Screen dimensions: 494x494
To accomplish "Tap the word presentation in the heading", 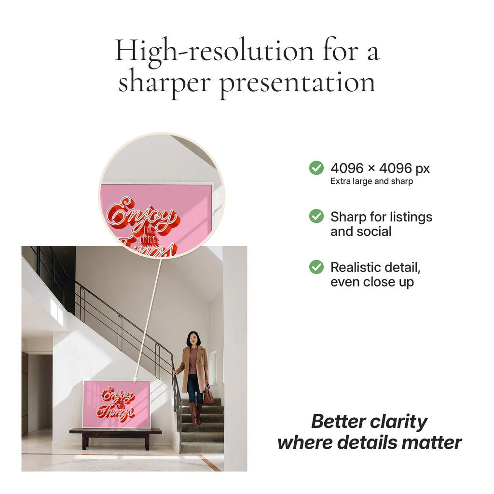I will (297, 83).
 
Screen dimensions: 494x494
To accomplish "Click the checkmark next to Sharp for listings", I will (316, 217).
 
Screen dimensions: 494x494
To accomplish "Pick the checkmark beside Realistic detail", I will (316, 267).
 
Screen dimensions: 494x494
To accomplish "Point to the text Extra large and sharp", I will (371, 182).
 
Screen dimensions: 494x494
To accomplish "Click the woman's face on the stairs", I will (193, 339).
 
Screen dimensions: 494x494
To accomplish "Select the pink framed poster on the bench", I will (116, 404).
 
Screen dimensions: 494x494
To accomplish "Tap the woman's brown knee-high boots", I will (195, 415).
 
